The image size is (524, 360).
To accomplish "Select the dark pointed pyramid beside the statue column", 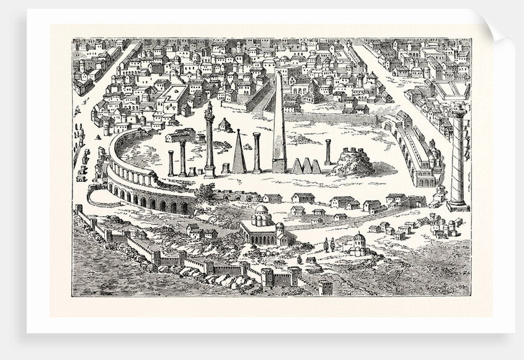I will tap(239, 152).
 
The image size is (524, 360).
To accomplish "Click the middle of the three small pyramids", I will tap(306, 166).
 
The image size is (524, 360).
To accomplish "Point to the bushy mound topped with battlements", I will tap(353, 162).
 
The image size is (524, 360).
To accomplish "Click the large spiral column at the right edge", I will tap(458, 154).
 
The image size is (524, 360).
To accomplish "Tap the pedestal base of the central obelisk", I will tap(279, 166).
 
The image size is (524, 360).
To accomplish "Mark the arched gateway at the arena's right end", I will tap(390, 126).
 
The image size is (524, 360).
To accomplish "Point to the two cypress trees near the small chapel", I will tap(329, 244).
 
